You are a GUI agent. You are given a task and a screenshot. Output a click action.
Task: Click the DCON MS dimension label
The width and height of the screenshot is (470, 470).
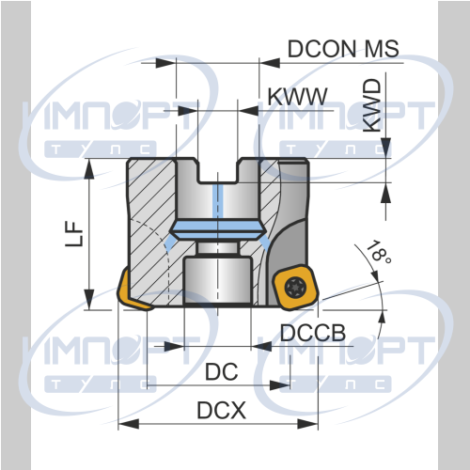343,49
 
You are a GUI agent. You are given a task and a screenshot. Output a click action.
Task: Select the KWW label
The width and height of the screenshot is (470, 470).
297,96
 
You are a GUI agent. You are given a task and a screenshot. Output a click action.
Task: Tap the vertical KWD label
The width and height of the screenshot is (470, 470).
372,105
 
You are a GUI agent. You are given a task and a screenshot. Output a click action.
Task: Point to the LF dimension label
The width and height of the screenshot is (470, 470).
74,234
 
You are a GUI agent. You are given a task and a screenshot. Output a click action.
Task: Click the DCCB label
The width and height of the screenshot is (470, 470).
313,333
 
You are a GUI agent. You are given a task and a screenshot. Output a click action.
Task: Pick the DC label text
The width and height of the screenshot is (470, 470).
222,372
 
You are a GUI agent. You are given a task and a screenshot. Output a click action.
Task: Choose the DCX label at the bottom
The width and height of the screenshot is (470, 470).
221,410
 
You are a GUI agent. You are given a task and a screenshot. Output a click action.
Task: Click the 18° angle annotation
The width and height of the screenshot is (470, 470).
378,252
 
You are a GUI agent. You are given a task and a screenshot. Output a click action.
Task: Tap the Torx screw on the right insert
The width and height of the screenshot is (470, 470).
295,287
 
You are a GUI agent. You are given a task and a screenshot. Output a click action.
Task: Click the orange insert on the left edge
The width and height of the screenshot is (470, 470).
132,291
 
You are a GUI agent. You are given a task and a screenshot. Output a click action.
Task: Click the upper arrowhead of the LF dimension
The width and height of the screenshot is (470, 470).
89,169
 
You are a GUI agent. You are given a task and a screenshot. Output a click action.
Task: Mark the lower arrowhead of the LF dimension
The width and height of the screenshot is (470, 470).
89,300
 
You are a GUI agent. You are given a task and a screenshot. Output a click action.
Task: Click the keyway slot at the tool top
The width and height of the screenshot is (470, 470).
218,171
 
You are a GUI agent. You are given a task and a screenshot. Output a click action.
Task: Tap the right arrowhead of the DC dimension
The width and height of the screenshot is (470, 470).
279,385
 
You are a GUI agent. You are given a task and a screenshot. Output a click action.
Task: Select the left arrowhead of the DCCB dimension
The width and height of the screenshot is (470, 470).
174,347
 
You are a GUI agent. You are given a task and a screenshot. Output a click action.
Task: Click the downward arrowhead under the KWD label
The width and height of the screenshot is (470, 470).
387,148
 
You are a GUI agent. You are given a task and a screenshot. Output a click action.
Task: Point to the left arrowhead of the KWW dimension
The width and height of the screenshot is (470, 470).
188,111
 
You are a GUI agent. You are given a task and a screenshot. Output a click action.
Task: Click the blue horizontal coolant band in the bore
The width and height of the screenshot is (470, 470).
218,230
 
